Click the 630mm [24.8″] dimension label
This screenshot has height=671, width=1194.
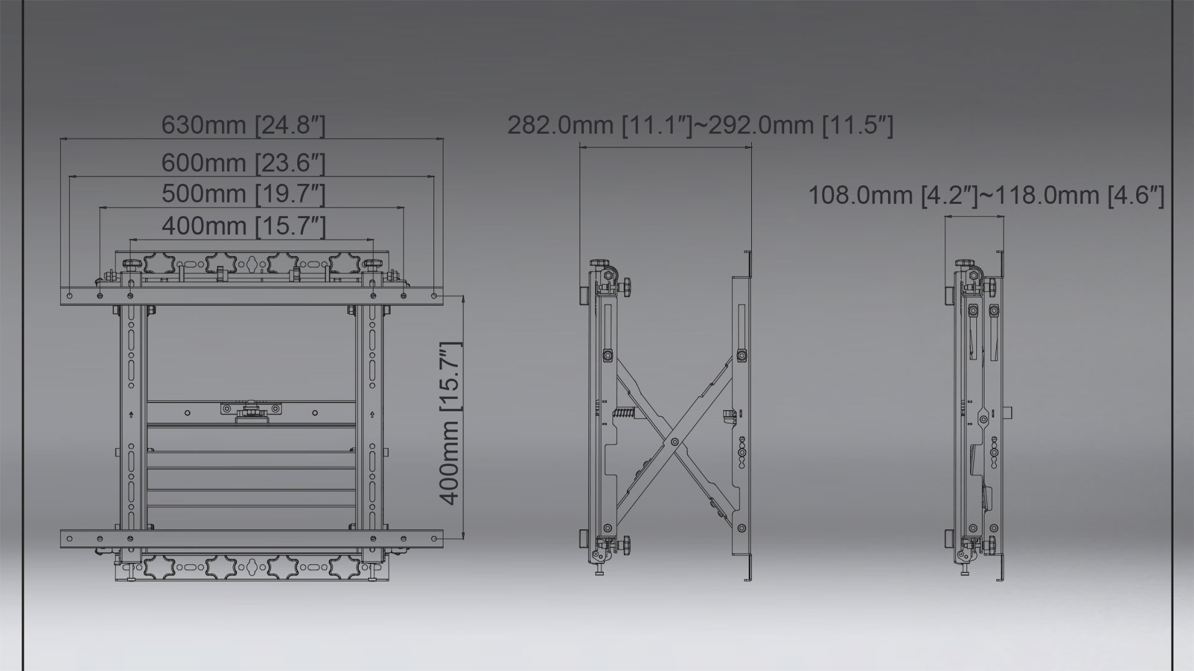tap(243, 125)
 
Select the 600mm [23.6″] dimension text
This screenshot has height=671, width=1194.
tap(243, 163)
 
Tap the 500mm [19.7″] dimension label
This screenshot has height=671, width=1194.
tap(243, 194)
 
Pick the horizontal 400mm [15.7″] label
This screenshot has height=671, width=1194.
tap(243, 226)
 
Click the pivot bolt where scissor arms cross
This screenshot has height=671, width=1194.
tap(675, 442)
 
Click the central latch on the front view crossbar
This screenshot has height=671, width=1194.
tap(251, 410)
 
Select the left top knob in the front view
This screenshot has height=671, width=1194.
tap(132, 265)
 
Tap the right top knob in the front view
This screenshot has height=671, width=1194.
tap(373, 265)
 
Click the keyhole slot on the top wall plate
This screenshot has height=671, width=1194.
tap(252, 263)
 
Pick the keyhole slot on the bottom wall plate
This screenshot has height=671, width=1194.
tap(252, 567)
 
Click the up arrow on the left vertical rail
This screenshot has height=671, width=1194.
tap(131, 414)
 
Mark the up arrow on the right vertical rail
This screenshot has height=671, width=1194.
tap(372, 414)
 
